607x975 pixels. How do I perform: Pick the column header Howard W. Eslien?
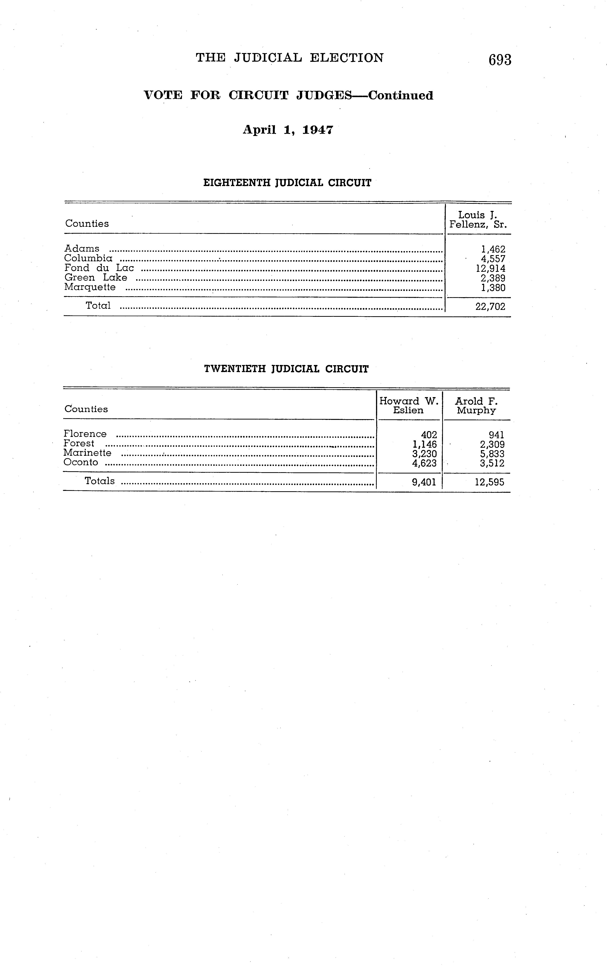tap(409, 405)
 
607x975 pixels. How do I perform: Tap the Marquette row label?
tap(90, 287)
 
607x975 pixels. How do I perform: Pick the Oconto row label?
tap(81, 462)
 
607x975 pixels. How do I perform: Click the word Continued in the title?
tap(401, 96)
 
